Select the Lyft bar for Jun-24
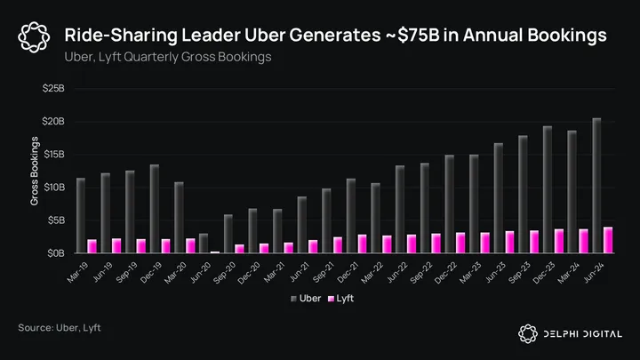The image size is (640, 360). point(608,240)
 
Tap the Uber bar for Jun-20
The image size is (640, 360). point(203,243)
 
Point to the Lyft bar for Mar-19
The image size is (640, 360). point(92,245)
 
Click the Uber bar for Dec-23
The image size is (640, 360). point(547,189)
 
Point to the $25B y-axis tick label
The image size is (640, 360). point(53,89)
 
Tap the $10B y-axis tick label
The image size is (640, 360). point(53,187)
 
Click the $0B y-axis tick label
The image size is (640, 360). point(55,252)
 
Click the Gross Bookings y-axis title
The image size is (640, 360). point(35,171)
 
